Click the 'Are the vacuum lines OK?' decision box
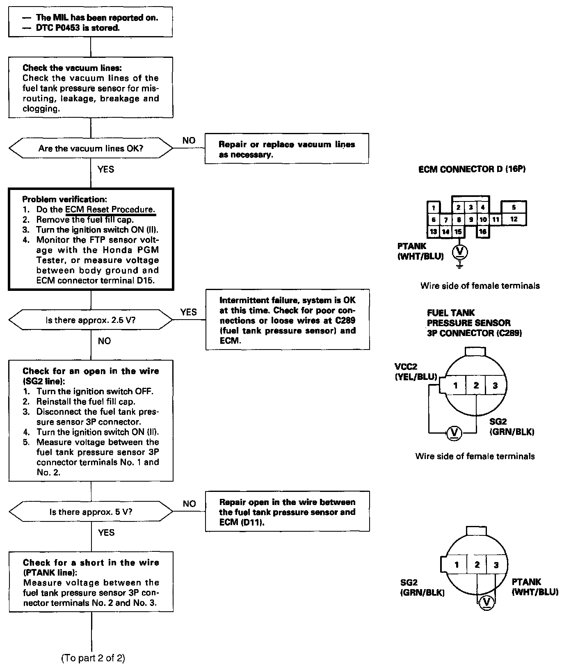click(91, 149)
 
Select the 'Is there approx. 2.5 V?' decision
click(91, 320)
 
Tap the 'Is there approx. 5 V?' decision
click(91, 512)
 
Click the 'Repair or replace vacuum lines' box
click(287, 149)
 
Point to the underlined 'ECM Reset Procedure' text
click(110, 210)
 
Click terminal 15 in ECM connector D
click(458, 232)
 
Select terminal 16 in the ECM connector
click(483, 232)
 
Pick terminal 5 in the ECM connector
click(514, 208)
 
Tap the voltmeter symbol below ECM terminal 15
click(460, 251)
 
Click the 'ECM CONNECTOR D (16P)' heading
click(472, 169)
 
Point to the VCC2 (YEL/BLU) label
click(415, 372)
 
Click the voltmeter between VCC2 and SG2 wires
click(454, 432)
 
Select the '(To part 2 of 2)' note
click(93, 658)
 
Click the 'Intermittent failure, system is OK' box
click(288, 320)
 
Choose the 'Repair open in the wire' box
click(288, 512)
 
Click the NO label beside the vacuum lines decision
click(189, 141)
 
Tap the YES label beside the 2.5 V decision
click(188, 313)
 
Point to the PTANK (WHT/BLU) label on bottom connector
click(535, 587)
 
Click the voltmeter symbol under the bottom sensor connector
click(486, 602)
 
